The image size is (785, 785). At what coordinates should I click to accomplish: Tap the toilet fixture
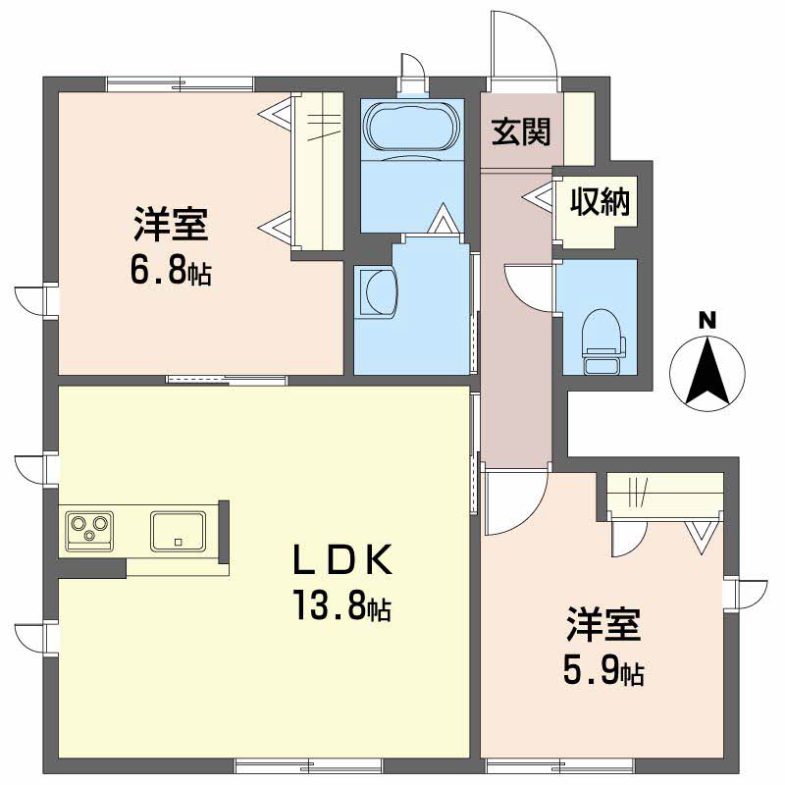602,341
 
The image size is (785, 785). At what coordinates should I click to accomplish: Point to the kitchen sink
178,530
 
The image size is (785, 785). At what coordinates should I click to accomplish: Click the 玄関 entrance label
521,131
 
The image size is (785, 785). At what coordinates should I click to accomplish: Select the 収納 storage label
600,201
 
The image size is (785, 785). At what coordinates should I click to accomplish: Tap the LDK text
342,559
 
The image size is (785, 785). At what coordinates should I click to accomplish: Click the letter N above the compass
706,321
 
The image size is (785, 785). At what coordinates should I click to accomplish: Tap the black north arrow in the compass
707,371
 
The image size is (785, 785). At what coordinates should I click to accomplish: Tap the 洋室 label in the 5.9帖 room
603,624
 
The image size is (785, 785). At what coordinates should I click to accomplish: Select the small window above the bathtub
413,87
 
